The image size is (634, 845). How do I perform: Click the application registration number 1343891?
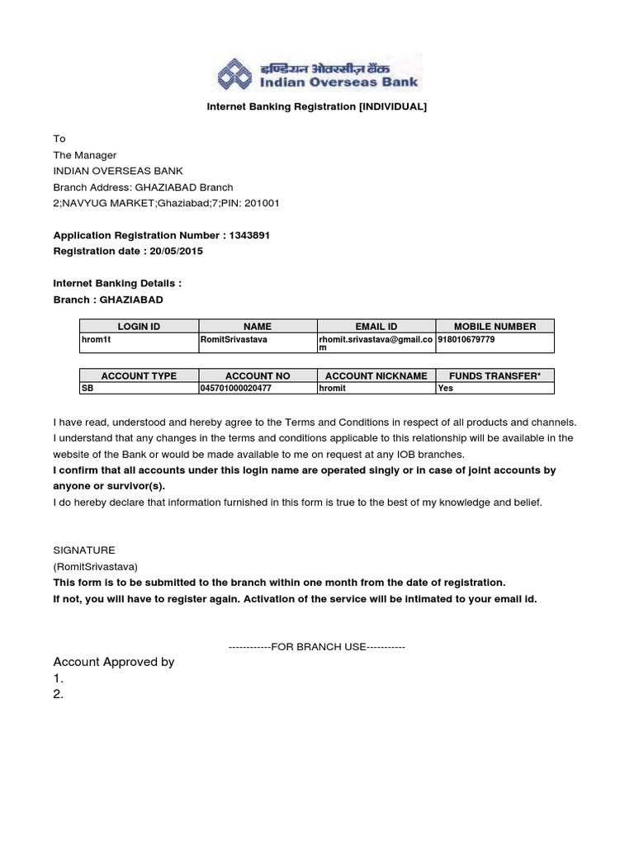coord(247,235)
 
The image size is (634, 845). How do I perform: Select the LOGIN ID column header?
coord(139,327)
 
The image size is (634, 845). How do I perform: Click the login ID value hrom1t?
coord(97,338)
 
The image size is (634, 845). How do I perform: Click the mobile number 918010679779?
coord(466,338)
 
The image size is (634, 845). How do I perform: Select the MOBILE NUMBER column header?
coord(494,327)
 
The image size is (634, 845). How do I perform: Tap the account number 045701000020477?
coord(236,388)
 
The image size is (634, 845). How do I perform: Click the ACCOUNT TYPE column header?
coord(139,375)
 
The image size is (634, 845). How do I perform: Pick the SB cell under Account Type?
coord(88,388)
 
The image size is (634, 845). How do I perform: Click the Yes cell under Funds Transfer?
coord(446,388)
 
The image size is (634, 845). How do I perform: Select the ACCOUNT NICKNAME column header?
coord(376,375)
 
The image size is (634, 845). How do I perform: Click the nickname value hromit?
coord(333,388)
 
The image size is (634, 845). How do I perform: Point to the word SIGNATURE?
coord(84,550)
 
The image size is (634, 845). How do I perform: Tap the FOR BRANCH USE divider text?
coord(317,646)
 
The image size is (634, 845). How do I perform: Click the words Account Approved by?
coord(114,662)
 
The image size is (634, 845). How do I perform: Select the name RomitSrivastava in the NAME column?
coord(234,338)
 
